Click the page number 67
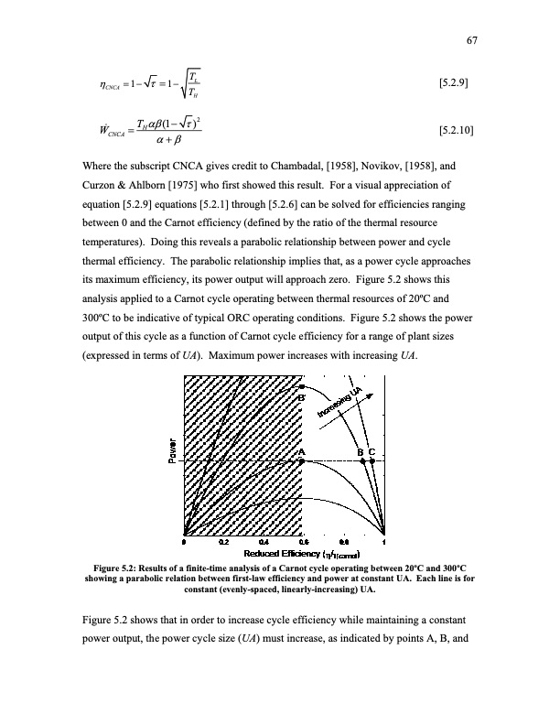(473, 39)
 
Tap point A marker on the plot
(302, 461)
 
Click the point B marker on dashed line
(362, 461)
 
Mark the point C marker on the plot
(373, 461)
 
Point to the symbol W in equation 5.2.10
(102, 134)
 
